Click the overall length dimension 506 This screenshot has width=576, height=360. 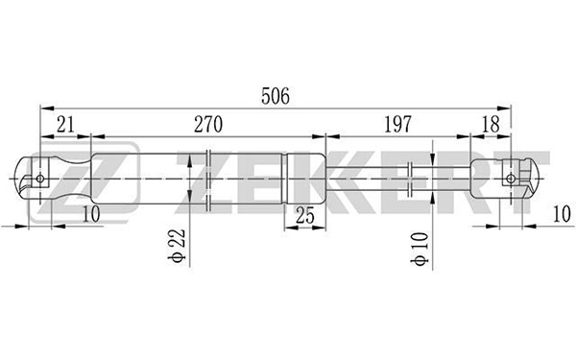click(x=276, y=96)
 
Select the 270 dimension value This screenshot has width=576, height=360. click(x=208, y=125)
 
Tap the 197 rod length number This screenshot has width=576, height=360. click(x=397, y=125)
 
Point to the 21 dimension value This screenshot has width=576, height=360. click(x=65, y=125)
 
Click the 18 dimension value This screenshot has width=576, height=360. click(x=491, y=125)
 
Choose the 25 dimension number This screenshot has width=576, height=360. click(x=305, y=215)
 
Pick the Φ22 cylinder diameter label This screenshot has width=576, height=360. click(x=177, y=246)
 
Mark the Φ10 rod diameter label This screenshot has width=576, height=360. click(x=420, y=249)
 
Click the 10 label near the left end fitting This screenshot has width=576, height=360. click(x=91, y=214)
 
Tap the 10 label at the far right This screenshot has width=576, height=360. click(x=562, y=214)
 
